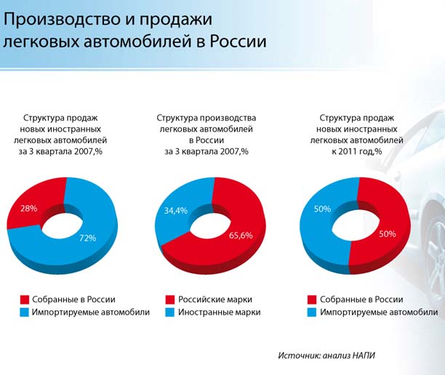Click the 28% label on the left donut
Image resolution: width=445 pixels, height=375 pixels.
tap(28, 209)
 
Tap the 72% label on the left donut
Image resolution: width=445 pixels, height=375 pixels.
tap(87, 238)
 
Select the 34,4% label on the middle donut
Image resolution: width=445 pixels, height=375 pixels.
tap(176, 211)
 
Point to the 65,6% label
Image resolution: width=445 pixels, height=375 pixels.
tap(241, 235)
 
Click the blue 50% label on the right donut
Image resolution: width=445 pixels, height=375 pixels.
tap(322, 209)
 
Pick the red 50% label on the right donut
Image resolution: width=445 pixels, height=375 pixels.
tap(388, 234)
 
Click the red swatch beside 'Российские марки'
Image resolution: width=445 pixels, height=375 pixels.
tap(170, 299)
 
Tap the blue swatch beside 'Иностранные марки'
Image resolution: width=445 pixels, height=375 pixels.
tap(170, 312)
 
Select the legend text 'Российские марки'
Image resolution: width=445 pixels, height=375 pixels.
tap(215, 299)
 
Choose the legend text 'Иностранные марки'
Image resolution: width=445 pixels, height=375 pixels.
tap(220, 312)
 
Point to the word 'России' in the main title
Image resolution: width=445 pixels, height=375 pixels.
tap(238, 41)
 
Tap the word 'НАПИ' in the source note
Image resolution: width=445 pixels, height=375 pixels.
tap(364, 355)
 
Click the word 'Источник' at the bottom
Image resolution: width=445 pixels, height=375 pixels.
tap(299, 355)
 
